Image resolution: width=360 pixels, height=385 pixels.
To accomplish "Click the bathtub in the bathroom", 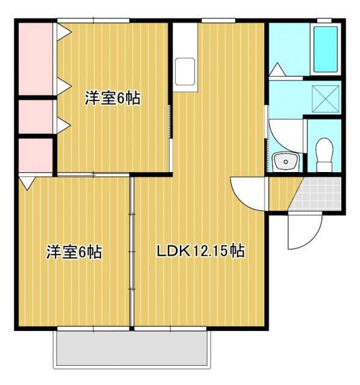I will (x=326, y=49).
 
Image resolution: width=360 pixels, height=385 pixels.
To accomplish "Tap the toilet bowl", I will (x=324, y=153).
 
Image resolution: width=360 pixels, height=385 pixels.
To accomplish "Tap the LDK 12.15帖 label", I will (x=200, y=251).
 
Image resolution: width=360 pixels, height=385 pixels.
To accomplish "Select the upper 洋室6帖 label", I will (x=112, y=98).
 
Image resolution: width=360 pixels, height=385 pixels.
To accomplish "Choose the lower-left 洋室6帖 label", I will (x=74, y=252).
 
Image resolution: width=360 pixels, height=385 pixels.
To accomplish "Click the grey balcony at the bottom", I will (x=132, y=349).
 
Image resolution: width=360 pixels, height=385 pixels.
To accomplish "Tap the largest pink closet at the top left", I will (x=35, y=58).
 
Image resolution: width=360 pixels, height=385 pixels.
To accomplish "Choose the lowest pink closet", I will (x=35, y=155).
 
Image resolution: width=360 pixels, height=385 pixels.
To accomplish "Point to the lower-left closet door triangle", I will (x=26, y=181).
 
